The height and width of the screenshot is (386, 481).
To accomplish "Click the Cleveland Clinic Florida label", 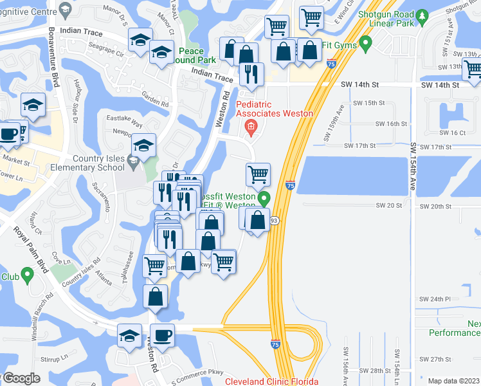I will pyautogui.click(x=271, y=381).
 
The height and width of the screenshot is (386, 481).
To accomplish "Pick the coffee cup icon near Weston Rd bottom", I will pyautogui.click(x=161, y=336).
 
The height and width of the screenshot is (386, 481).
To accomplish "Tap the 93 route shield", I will pyautogui.click(x=274, y=221).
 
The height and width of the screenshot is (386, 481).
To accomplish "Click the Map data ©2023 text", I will pyautogui.click(x=453, y=381).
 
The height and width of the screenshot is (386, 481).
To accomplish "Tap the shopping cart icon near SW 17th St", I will pyautogui.click(x=258, y=174).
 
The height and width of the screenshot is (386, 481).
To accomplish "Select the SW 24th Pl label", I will pyautogui.click(x=435, y=299).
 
